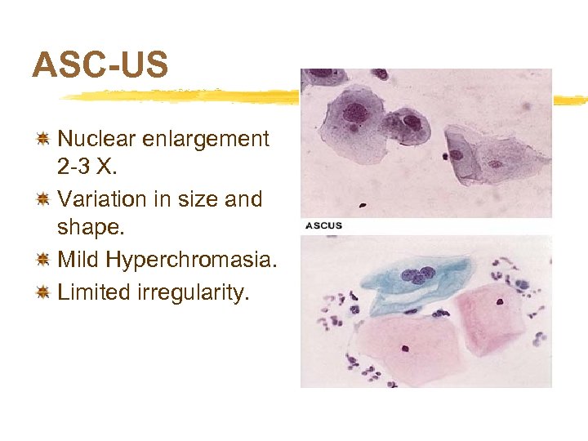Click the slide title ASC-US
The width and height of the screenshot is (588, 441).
point(100,65)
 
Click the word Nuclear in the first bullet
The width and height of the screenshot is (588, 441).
point(97,139)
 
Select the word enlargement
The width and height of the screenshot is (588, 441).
point(206,139)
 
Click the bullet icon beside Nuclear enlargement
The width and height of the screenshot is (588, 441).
point(45,140)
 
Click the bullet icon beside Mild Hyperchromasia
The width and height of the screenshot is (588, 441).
point(45,261)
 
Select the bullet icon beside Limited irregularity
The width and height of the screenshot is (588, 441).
point(45,292)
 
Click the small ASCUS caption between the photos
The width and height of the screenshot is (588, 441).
point(324,225)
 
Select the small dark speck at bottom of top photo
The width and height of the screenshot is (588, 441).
point(448,155)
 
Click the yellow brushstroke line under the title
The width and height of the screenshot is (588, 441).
point(180,96)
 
